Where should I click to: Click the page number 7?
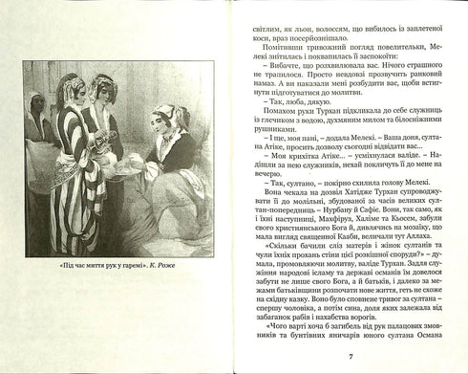pos(351,357)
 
